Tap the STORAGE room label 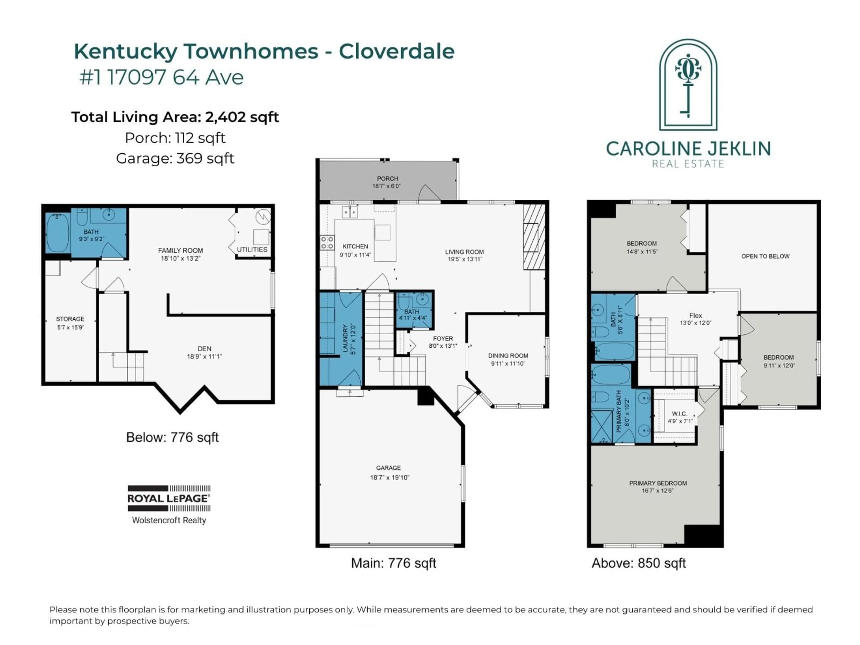[x=70, y=319]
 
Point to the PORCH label [x=387, y=178]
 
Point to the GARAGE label [x=388, y=468]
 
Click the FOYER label [x=443, y=338]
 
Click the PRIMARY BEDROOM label [x=658, y=483]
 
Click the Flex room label [x=695, y=315]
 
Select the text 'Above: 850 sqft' [x=638, y=563]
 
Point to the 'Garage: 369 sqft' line [x=175, y=158]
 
